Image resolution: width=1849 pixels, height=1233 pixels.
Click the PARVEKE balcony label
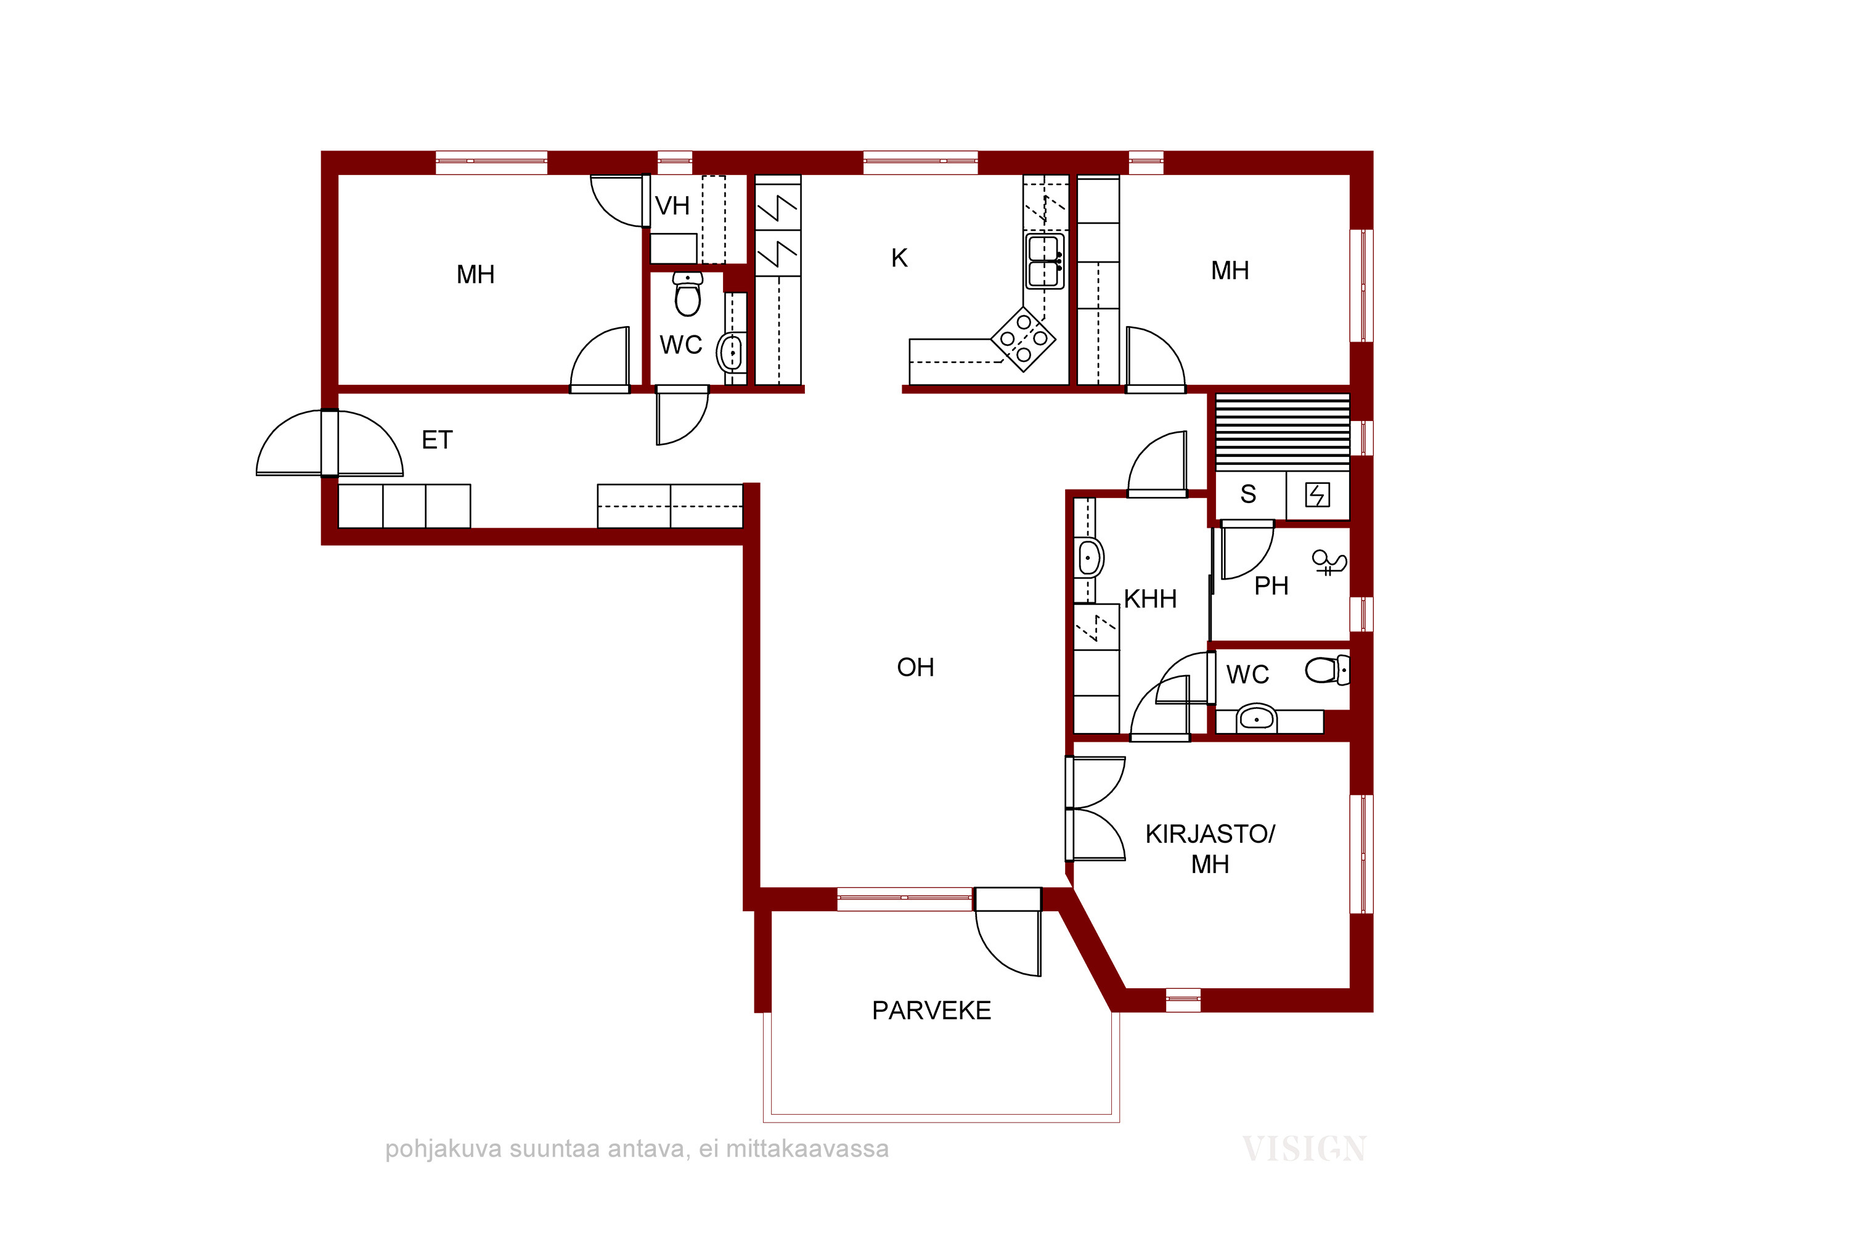point(931,1010)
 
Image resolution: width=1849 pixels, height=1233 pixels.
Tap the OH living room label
point(915,668)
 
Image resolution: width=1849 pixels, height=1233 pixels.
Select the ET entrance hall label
point(437,440)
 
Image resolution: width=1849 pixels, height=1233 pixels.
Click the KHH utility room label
point(1150,599)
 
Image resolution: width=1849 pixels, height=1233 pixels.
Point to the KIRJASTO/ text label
point(1210,834)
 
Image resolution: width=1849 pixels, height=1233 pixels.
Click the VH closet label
point(672,206)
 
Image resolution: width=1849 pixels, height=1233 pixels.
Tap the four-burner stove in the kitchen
point(1024,339)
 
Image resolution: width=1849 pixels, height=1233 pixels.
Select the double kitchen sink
point(1045,261)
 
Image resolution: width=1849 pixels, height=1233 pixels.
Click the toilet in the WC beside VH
point(688,294)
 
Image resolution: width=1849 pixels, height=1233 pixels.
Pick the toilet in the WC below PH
point(1328,670)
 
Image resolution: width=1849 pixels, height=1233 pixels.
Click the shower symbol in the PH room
point(1329,562)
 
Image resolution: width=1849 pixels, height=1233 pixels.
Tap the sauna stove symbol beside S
point(1318,494)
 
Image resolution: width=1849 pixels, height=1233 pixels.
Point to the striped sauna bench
point(1283,432)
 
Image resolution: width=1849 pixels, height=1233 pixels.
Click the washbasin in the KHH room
point(1089,559)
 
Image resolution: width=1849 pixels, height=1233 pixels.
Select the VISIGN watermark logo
point(1304,1150)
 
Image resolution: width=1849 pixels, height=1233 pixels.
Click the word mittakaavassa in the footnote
point(807,1149)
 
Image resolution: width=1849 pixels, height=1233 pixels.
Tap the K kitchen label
point(899,258)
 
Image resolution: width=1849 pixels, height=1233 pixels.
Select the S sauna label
point(1249,494)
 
